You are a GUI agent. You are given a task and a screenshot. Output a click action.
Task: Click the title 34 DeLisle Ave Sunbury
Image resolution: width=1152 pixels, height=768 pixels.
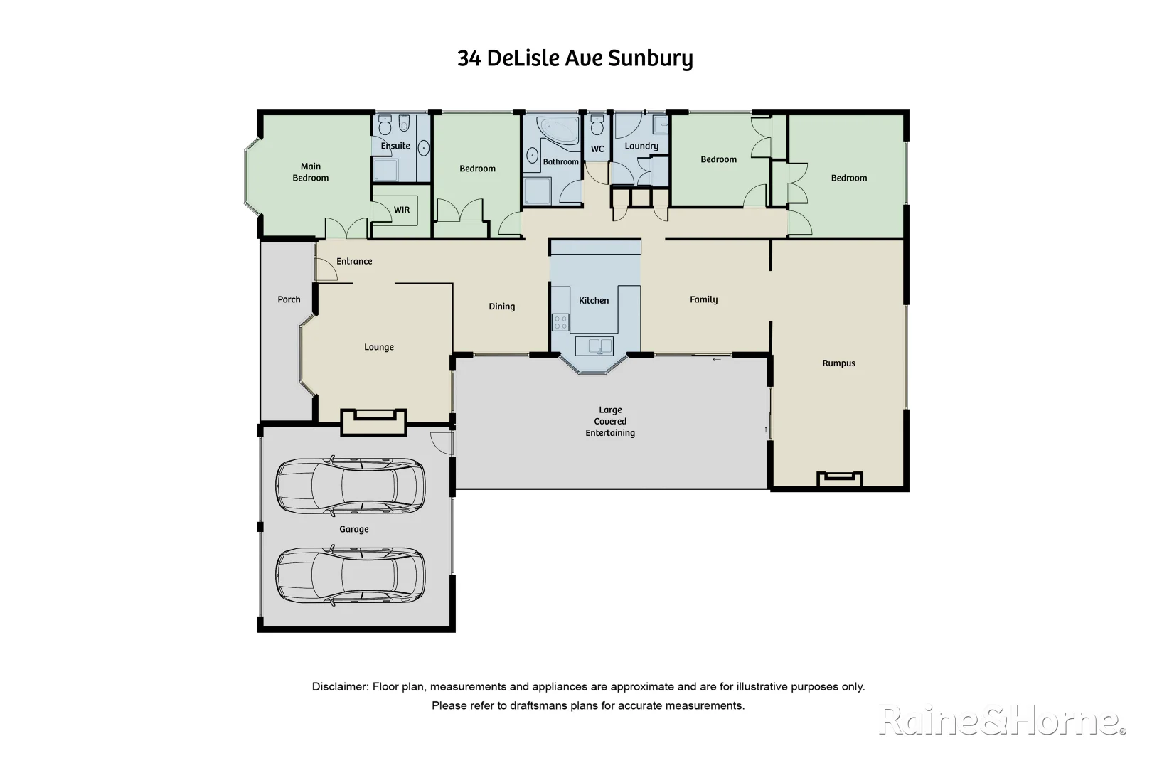[x=575, y=58]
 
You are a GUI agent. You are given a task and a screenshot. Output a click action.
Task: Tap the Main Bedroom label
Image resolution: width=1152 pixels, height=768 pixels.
[x=311, y=172]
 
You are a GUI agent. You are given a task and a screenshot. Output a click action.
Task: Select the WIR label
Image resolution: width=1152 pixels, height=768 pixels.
[x=402, y=210]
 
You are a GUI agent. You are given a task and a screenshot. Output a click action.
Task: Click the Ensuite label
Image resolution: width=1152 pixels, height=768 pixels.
[x=395, y=146]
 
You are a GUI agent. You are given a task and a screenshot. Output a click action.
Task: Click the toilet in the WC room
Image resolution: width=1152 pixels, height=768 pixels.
[x=597, y=127]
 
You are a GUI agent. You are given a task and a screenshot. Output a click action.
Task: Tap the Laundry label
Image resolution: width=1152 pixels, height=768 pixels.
[x=641, y=146]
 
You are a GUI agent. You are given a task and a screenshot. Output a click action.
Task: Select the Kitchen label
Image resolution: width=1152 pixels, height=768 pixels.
[x=594, y=300]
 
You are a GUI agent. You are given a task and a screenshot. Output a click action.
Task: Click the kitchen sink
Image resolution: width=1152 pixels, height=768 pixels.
[x=594, y=346]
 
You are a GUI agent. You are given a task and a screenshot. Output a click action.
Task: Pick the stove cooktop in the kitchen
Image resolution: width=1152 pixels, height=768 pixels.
[x=560, y=323]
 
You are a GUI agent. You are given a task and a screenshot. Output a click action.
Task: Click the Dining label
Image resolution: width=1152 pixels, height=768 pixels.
[x=501, y=306]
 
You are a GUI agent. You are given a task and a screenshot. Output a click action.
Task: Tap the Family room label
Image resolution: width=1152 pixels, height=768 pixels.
[x=703, y=299]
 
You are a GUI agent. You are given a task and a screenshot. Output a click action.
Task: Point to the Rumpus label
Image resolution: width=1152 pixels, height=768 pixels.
[x=838, y=363]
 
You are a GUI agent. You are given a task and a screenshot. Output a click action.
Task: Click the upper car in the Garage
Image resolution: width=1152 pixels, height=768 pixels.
[x=350, y=486]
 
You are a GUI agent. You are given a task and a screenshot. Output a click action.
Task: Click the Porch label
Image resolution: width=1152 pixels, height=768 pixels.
[x=289, y=299]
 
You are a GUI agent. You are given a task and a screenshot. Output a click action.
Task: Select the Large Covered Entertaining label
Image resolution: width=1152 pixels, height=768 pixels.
[x=610, y=421]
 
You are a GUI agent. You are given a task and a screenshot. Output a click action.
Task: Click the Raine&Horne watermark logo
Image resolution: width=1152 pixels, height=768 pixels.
[x=1002, y=721]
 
